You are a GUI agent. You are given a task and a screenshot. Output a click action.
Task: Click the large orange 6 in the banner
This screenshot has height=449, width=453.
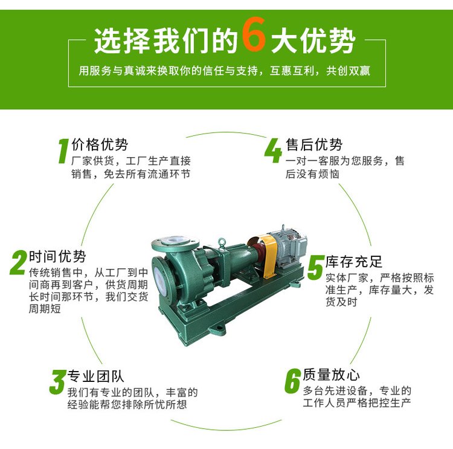(x=254, y=34)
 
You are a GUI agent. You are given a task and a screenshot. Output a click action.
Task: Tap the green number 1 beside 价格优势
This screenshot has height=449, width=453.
(x=63, y=150)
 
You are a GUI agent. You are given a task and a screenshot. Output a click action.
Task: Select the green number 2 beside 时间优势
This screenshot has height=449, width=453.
(x=18, y=262)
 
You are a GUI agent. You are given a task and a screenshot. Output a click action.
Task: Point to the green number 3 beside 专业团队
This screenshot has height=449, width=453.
(x=58, y=382)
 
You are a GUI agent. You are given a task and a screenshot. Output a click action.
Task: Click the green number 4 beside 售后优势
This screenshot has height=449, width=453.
(x=273, y=150)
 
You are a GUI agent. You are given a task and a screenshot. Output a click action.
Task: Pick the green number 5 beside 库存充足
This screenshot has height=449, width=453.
(x=315, y=267)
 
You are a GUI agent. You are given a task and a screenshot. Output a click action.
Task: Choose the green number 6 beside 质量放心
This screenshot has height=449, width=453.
(x=293, y=381)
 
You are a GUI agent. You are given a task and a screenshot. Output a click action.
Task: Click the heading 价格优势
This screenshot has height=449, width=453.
(x=100, y=144)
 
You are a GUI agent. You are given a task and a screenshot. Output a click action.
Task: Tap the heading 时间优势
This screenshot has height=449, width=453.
(x=57, y=256)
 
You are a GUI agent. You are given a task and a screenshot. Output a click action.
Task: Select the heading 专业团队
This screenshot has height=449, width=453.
(x=95, y=376)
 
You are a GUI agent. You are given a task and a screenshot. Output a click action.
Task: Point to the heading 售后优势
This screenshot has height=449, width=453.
(x=314, y=144)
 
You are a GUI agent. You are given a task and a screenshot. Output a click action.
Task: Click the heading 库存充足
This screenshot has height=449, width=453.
(x=353, y=262)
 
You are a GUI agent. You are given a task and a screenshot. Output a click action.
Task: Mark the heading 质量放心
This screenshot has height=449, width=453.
(x=331, y=375)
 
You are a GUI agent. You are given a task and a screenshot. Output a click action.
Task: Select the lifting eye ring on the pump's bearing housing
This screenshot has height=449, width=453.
(x=222, y=242)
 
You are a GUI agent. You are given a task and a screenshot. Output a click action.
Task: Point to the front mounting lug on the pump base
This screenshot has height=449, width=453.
(x=217, y=329)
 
